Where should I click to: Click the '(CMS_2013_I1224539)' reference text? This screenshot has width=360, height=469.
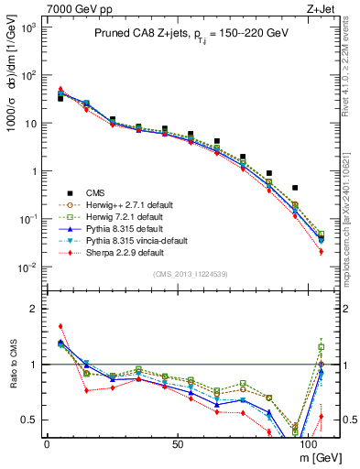[x=190, y=274]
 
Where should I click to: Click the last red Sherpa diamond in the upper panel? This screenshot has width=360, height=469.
[x=321, y=252]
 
